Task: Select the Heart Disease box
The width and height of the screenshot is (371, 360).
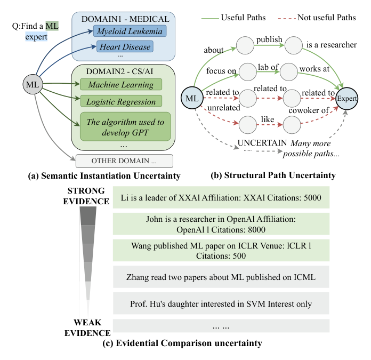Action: [x=124, y=47]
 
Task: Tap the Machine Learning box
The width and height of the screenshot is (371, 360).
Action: [x=120, y=84]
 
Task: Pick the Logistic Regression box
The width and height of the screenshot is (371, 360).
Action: [x=122, y=101]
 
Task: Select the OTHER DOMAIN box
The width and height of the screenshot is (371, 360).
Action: [x=125, y=161]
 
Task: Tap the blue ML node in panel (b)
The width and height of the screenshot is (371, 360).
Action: [x=192, y=98]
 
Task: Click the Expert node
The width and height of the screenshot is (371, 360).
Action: [x=347, y=99]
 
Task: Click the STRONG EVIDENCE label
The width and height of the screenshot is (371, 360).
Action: [x=88, y=196]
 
